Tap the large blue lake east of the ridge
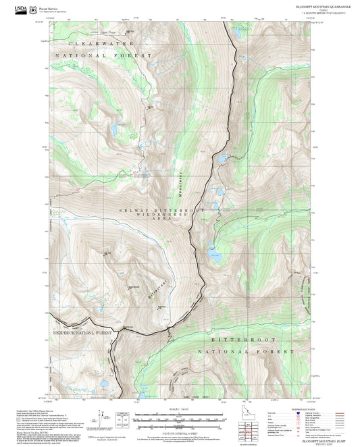point(215,257)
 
